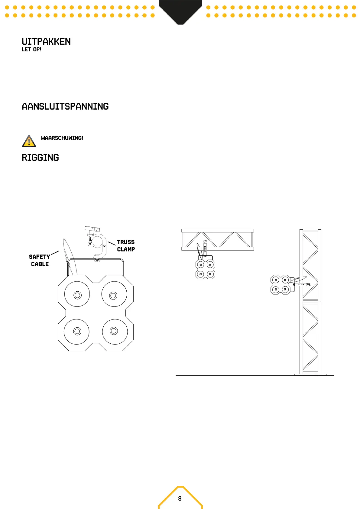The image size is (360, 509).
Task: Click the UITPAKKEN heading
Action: click(46, 42)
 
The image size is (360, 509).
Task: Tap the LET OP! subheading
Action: click(31, 49)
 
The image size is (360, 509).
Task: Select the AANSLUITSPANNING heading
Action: click(65, 106)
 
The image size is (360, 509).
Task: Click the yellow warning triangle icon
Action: click(29, 141)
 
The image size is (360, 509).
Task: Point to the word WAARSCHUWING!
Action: click(62, 138)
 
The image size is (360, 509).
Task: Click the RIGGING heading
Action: click(40, 158)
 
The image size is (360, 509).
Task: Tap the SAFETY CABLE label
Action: click(40, 260)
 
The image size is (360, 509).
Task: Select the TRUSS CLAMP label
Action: click(126, 245)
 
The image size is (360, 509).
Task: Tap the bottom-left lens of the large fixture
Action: click(77, 331)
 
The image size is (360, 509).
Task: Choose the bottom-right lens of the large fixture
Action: click(114, 331)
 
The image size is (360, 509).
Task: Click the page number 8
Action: click(180, 498)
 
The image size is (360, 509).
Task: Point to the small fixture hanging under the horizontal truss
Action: click(206, 269)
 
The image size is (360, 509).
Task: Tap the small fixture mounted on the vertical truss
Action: click(280, 284)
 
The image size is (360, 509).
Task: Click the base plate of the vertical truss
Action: click(310, 374)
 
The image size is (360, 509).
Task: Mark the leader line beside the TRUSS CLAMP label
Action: click(112, 243)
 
